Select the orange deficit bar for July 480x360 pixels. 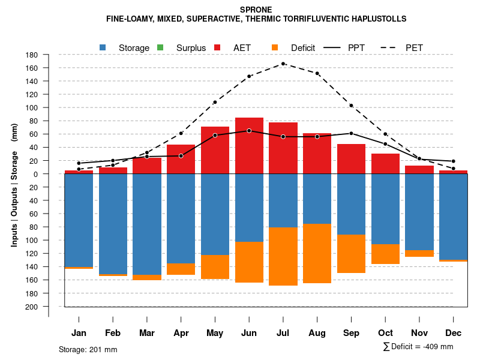pyautogui.click(x=283, y=256)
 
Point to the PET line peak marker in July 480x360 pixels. pyautogui.click(x=283, y=64)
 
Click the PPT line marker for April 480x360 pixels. pyautogui.click(x=181, y=156)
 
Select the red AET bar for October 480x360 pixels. pyautogui.click(x=385, y=164)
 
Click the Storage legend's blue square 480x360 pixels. pyautogui.click(x=104, y=47)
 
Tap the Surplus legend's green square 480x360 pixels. pyautogui.click(x=160, y=47)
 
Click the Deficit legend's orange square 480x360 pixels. pyautogui.click(x=275, y=47)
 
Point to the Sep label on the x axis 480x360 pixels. pyautogui.click(x=352, y=333)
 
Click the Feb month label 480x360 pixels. pyautogui.click(x=113, y=333)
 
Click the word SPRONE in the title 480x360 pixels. pyautogui.click(x=256, y=10)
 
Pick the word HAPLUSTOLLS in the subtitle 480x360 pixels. pyautogui.click(x=377, y=19)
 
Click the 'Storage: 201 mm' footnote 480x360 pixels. pyautogui.click(x=88, y=349)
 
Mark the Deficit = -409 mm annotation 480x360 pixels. pyautogui.click(x=418, y=346)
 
